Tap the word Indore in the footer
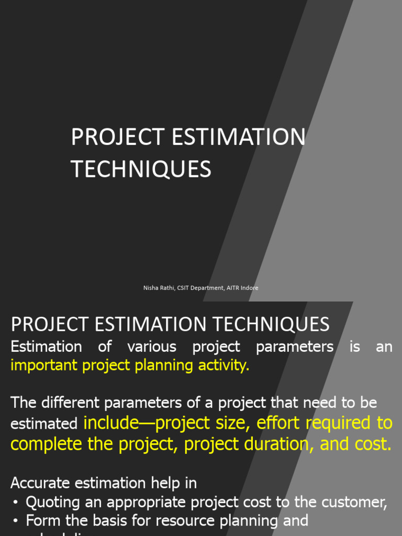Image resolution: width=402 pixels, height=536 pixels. click(249, 288)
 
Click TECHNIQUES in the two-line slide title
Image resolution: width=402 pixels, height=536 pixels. click(141, 170)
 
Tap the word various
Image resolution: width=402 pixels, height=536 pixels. click(152, 347)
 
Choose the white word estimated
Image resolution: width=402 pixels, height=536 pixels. click(44, 424)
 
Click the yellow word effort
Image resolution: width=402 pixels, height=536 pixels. click(278, 422)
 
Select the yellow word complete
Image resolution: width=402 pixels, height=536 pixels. click(46, 444)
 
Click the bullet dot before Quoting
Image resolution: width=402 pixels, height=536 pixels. click(16, 502)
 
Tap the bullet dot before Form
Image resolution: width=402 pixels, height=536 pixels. click(16, 521)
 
